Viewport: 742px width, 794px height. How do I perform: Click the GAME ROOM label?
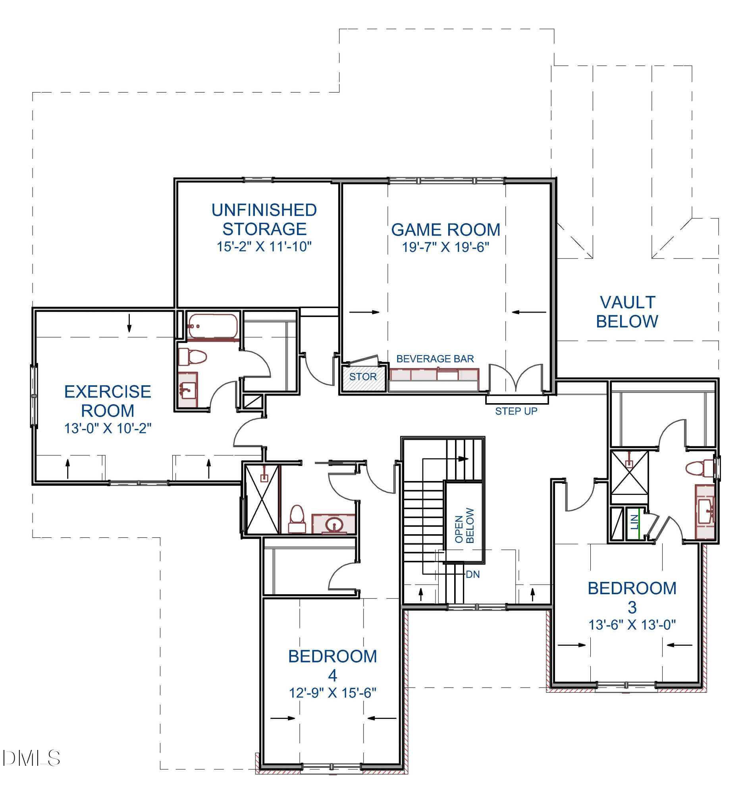tap(445, 230)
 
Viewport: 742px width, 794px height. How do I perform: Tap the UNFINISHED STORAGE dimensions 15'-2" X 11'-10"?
tap(264, 246)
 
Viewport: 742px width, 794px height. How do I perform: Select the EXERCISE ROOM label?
tap(107, 401)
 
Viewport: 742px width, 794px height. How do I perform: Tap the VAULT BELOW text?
tap(626, 312)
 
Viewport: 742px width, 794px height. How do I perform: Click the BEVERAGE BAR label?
tap(435, 359)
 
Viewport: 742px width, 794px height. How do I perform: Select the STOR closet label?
tap(362, 377)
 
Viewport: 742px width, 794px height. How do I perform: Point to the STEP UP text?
tap(516, 411)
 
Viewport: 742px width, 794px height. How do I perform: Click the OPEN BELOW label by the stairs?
tap(464, 525)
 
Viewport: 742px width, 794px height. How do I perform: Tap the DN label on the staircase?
tap(472, 574)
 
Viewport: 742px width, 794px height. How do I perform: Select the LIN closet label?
tap(634, 522)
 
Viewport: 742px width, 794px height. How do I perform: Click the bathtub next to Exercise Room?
tap(212, 326)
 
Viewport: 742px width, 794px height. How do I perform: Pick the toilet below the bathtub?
tap(193, 356)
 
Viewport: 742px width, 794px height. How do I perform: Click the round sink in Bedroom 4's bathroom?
tap(333, 524)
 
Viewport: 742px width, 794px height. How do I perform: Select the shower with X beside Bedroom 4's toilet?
tap(262, 499)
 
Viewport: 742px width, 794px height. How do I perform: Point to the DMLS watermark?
tap(31, 758)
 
